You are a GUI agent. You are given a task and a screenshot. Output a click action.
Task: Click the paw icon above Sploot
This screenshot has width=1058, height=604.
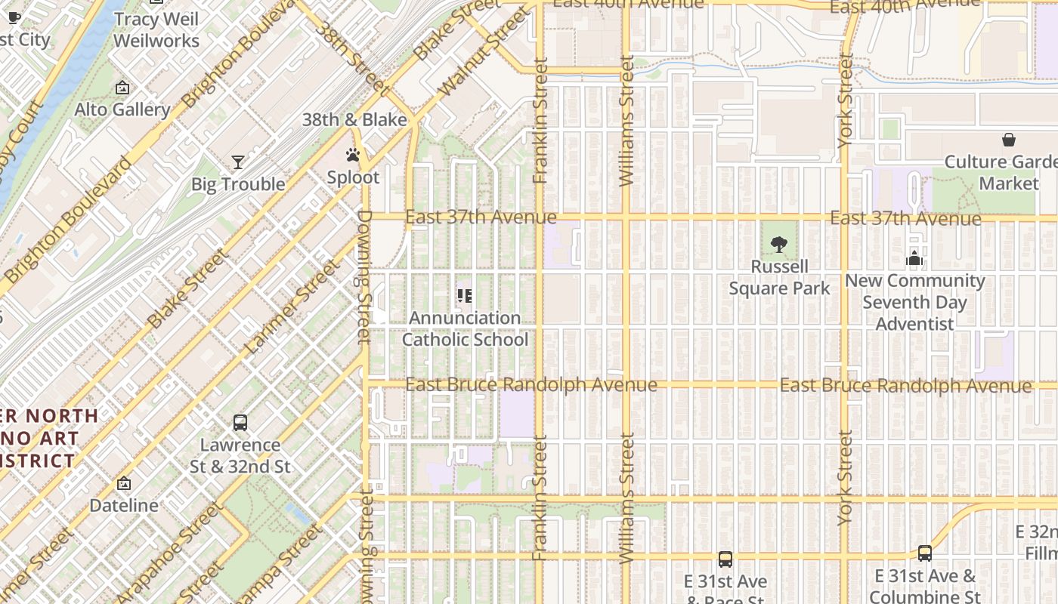coord(353,155)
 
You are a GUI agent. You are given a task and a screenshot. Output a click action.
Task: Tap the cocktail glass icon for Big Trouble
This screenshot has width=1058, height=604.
coord(238,162)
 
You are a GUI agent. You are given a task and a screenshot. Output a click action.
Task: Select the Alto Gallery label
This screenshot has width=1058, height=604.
coord(122,109)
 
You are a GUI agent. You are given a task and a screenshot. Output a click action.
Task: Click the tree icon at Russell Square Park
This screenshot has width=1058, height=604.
coord(779,244)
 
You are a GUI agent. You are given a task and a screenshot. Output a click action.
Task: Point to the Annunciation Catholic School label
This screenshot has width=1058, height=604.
coord(465,328)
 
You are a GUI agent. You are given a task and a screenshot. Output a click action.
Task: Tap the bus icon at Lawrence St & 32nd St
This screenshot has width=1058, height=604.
coord(240,423)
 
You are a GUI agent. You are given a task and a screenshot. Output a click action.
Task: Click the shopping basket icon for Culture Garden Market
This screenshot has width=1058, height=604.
coord(1008,140)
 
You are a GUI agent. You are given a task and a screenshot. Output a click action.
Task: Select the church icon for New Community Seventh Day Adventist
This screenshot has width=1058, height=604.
coord(914,258)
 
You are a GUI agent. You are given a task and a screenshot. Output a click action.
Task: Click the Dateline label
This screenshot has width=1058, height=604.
coord(124,505)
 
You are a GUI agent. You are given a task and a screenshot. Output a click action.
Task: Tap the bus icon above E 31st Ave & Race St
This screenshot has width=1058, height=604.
coord(725,559)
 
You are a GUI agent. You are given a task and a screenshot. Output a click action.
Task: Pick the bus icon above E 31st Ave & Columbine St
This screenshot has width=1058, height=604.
coord(925,553)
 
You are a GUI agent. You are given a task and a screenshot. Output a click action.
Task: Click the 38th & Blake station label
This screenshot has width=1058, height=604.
coord(354,119)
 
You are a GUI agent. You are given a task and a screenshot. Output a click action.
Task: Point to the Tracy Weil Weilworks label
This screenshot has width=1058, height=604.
coord(156,30)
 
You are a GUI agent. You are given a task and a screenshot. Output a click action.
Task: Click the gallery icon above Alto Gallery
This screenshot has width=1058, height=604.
coord(122,88)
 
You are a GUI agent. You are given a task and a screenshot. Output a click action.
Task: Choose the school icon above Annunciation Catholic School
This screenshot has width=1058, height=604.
coord(465,295)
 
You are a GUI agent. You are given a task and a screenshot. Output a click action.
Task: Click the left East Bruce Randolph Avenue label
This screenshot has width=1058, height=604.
coord(531,384)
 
